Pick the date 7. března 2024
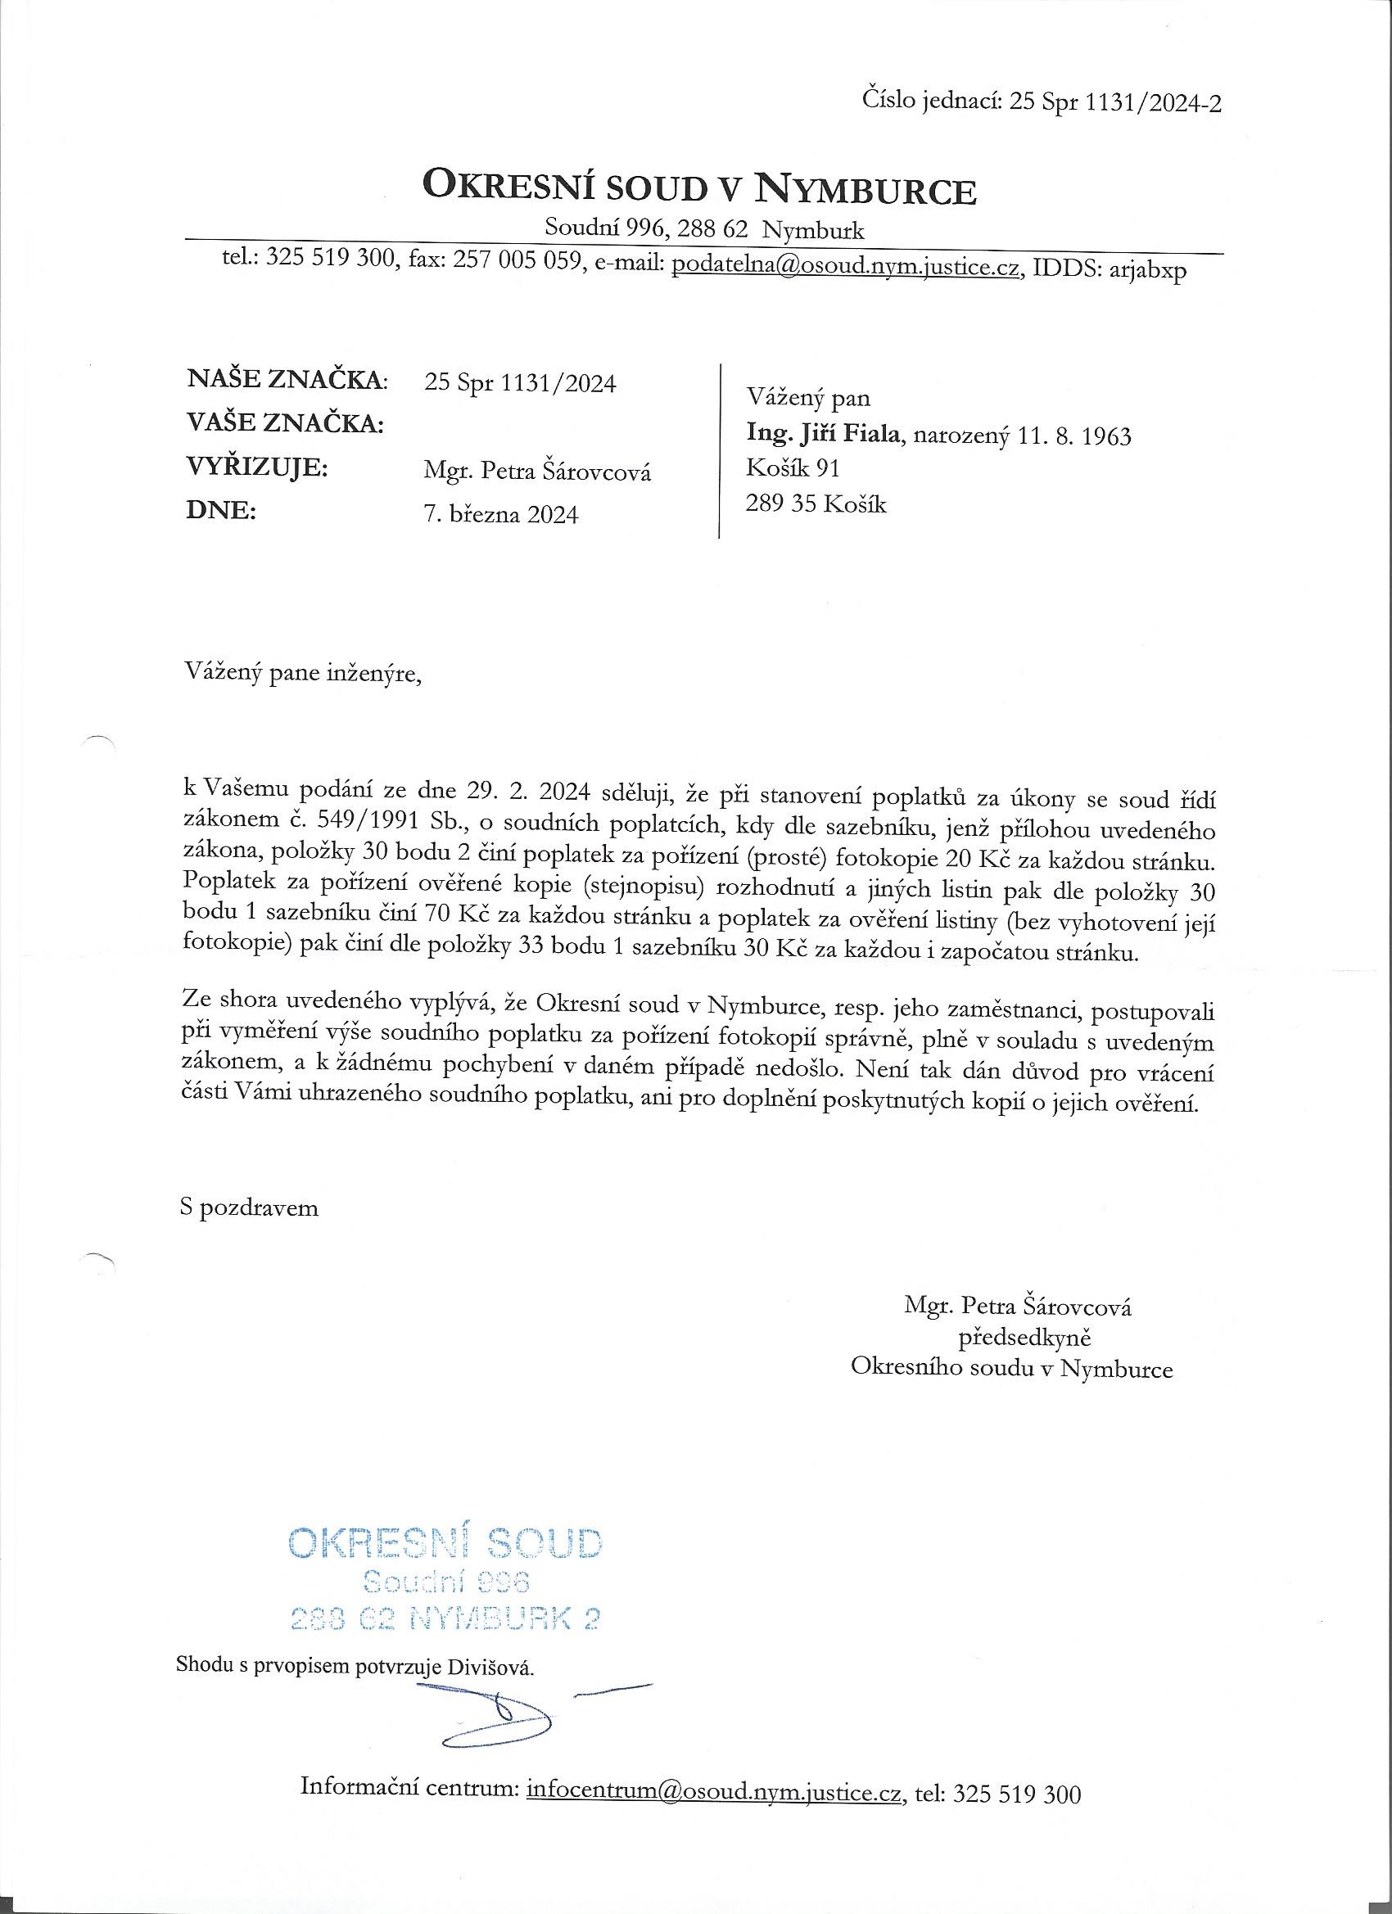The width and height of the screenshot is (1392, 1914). point(501,514)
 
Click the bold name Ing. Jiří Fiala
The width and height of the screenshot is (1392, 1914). point(825,436)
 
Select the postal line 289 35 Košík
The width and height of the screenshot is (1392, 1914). point(816,503)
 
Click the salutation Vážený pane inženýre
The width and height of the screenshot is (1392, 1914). point(301,675)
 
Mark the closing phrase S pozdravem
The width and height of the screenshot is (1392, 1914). point(250,1208)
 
